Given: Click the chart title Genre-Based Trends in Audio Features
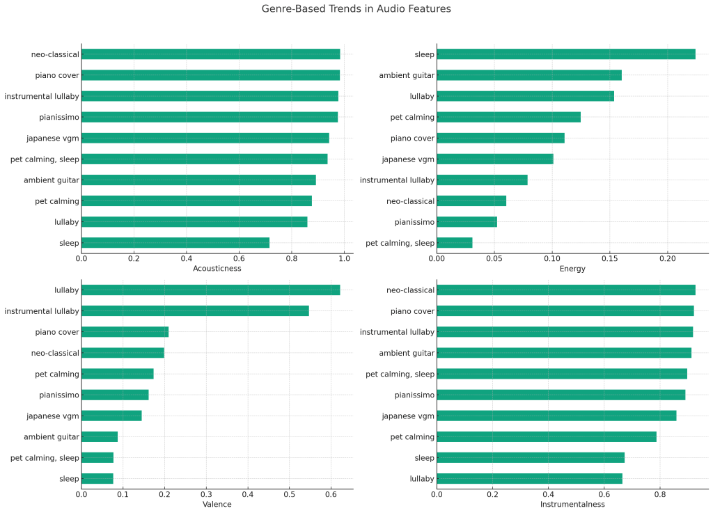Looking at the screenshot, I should click(x=356, y=9).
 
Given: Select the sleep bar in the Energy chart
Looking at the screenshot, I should click(x=565, y=54).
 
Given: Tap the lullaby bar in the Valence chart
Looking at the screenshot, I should click(x=210, y=290).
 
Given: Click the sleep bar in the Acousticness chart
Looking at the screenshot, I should click(x=175, y=243).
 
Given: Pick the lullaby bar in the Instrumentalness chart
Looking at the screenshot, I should click(x=529, y=479).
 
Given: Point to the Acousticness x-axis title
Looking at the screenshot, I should click(x=217, y=269).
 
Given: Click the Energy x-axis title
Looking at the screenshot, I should click(x=572, y=269).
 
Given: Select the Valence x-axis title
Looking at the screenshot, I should click(x=217, y=504).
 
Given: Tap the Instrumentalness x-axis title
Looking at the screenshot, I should click(x=572, y=504).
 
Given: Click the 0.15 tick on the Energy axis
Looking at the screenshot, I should click(x=610, y=258).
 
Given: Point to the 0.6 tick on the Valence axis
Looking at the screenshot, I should click(x=331, y=494).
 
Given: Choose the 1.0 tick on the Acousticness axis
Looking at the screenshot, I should click(x=344, y=258).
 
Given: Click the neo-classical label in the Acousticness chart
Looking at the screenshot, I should click(x=55, y=54).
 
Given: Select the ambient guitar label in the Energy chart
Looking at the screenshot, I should click(x=407, y=75).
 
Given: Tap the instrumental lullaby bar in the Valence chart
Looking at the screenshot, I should click(x=195, y=311).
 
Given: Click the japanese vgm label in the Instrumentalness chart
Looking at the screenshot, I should click(x=408, y=416).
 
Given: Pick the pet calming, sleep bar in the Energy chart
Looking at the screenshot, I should click(x=454, y=243).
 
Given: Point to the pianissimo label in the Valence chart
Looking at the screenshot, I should click(x=59, y=395).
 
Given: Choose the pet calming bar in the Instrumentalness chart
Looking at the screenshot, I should click(x=546, y=437).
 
